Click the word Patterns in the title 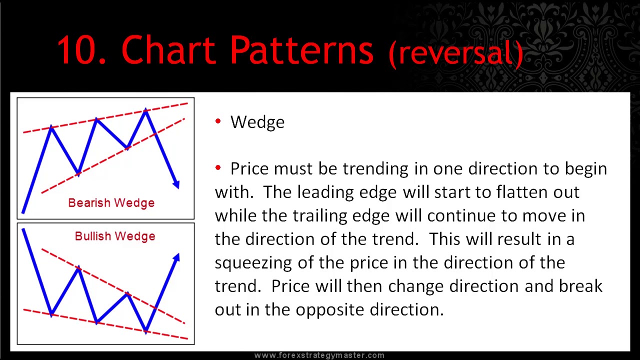coord(301,50)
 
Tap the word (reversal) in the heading coord(456,52)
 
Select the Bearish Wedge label coord(111,202)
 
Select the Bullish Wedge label coord(114,236)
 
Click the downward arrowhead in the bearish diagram coord(176,184)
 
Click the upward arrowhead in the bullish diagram coord(176,257)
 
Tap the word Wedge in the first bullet coord(257,122)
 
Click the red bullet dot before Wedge coord(218,121)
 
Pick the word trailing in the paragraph coord(320,215)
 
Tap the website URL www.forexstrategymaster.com coord(319,355)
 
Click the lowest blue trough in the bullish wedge coord(145,331)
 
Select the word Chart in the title coord(168,50)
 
